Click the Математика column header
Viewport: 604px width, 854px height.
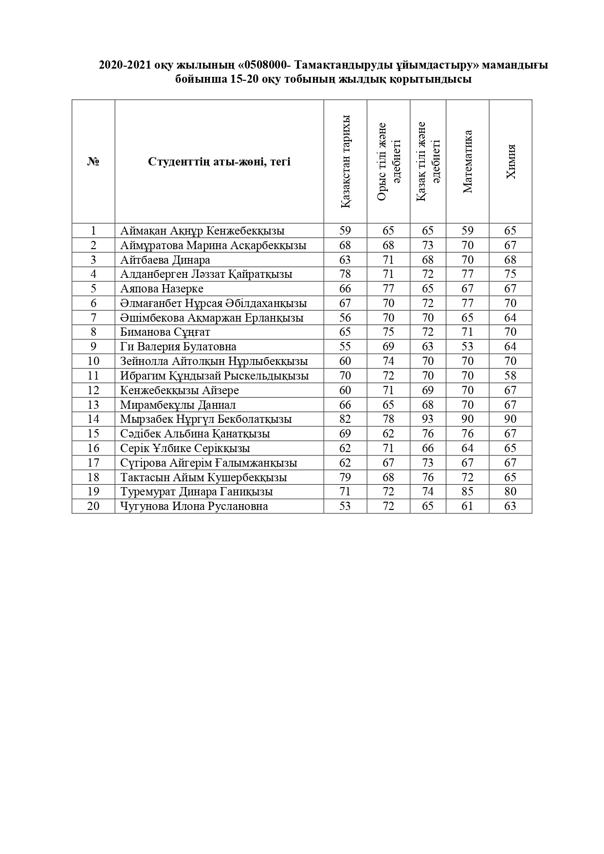pos(467,162)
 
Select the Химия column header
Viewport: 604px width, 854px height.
pos(511,162)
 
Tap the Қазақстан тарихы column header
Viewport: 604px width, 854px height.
pos(345,162)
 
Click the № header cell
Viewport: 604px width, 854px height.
pos(93,162)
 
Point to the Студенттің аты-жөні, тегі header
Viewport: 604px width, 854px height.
pos(219,162)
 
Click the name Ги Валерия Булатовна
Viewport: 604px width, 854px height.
pos(178,347)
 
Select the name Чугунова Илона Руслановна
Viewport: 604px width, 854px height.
pos(194,507)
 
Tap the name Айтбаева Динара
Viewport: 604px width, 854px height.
pos(165,260)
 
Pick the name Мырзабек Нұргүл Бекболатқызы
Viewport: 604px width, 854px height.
pos(206,419)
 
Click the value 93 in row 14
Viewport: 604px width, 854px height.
pos(428,419)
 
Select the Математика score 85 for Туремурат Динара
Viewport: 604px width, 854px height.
pos(467,492)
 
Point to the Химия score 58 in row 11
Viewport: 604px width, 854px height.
pos(510,376)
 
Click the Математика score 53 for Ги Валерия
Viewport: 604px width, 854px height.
pos(467,347)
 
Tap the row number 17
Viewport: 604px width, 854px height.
pos(93,463)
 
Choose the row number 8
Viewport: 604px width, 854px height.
pos(93,332)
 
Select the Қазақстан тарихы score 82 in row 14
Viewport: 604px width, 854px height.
pos(345,419)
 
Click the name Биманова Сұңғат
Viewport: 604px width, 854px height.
pos(165,332)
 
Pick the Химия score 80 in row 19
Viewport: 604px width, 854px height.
pos(510,492)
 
